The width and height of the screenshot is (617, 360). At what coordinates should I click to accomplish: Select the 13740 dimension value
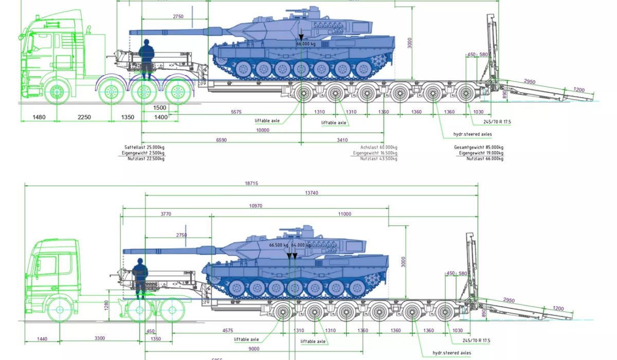coord(312,193)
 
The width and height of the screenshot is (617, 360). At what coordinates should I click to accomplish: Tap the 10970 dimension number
coord(256,206)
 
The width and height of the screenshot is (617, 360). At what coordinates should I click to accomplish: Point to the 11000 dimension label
coord(344,213)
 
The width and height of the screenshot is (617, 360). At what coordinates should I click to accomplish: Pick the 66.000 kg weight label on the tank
coord(306,44)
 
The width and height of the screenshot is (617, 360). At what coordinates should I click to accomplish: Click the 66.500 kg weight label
coord(278,245)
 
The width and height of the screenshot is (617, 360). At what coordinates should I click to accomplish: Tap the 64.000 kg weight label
coord(301,245)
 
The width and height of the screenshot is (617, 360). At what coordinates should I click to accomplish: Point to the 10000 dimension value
coord(262,130)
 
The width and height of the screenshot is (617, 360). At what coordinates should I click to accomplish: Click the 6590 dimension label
coord(221,140)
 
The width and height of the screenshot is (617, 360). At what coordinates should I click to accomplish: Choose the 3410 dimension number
coord(342,140)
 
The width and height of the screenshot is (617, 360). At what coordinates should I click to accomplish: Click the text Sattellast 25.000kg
coord(144,148)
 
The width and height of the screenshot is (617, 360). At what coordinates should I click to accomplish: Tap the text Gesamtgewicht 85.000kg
coord(478,148)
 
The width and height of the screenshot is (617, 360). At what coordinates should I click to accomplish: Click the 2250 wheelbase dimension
coord(84,117)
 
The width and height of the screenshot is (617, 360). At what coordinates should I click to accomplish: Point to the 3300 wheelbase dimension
coord(100,338)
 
